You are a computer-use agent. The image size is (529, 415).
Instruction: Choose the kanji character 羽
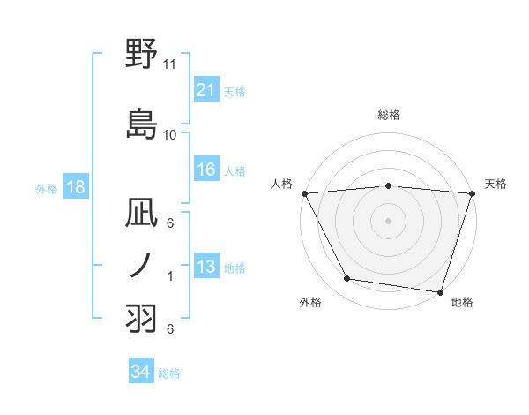pyautogui.click(x=142, y=317)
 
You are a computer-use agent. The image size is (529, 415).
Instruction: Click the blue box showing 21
pyautogui.click(x=205, y=89)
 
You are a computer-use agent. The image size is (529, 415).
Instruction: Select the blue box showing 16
pyautogui.click(x=205, y=170)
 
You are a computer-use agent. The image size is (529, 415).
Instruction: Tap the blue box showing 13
pyautogui.click(x=205, y=267)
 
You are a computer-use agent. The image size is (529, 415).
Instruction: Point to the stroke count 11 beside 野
pyautogui.click(x=170, y=64)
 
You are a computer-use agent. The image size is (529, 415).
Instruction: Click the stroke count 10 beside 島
pyautogui.click(x=170, y=134)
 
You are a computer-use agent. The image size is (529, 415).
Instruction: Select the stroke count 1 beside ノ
pyautogui.click(x=170, y=275)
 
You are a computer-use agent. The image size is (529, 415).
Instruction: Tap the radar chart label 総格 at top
pyautogui.click(x=388, y=115)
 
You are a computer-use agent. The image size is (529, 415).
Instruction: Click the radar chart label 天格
pyautogui.click(x=495, y=184)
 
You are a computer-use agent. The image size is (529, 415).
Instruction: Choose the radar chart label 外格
pyautogui.click(x=310, y=303)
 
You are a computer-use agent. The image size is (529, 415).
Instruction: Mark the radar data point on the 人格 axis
pyautogui.click(x=304, y=193)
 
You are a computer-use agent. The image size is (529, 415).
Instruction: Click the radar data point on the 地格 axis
pyautogui.click(x=440, y=291)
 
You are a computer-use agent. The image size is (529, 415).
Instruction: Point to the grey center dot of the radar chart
pyautogui.click(x=388, y=220)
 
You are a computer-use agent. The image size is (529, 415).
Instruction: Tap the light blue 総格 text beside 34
pyautogui.click(x=169, y=373)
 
